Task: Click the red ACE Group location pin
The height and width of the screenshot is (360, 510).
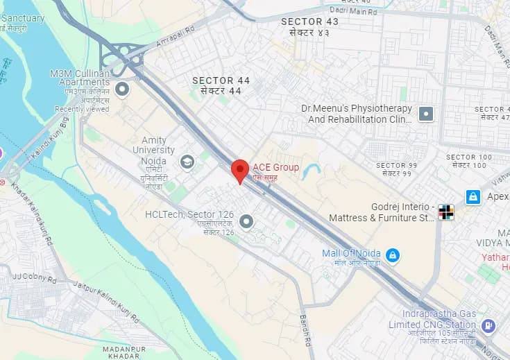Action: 240,170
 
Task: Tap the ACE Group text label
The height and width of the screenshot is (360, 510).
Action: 275,167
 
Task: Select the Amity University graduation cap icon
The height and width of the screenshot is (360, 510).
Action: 187,162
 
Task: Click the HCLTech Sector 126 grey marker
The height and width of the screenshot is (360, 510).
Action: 246,221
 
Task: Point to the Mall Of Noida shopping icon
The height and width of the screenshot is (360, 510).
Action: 393,256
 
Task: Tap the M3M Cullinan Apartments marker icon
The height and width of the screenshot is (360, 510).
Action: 123,89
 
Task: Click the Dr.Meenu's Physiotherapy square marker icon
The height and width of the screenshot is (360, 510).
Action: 426,114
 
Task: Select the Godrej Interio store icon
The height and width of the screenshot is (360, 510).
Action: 446,213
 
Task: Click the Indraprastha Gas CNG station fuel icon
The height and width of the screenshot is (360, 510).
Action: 488,325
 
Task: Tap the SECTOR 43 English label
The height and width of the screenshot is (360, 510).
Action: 310,22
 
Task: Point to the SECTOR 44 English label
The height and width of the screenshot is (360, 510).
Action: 221,80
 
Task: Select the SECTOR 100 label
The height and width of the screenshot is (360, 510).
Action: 469,157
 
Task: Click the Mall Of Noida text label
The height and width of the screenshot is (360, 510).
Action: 351,253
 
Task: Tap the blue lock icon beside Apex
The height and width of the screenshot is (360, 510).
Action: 473,197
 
